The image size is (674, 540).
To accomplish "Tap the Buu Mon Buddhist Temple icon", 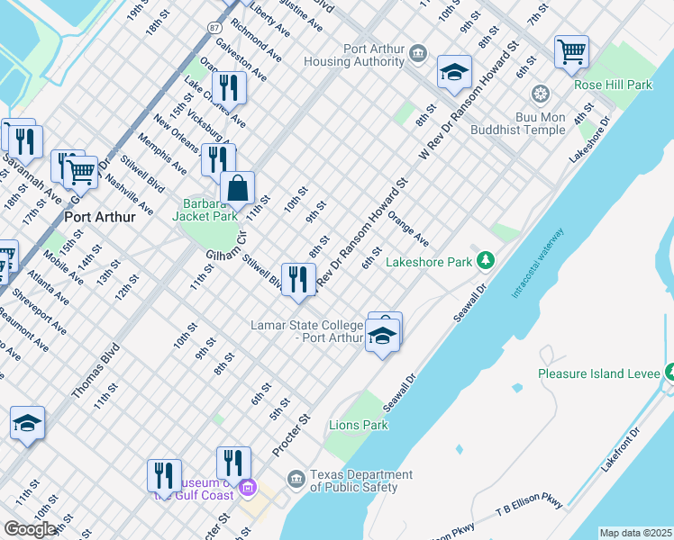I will pyautogui.click(x=541, y=94).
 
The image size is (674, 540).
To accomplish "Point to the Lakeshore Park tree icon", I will pyautogui.click(x=487, y=261).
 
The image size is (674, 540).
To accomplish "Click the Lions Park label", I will pyautogui.click(x=358, y=425).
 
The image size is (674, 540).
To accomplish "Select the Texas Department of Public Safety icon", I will pyautogui.click(x=295, y=478).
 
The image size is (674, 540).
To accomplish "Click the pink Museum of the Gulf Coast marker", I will pyautogui.click(x=249, y=490).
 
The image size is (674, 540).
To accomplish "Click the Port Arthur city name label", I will pyautogui.click(x=100, y=217).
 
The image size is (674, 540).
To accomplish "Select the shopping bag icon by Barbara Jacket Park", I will pyautogui.click(x=237, y=189).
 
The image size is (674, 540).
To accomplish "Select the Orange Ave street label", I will pyautogui.click(x=407, y=229).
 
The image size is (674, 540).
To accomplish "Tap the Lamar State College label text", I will pyautogui.click(x=306, y=330).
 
